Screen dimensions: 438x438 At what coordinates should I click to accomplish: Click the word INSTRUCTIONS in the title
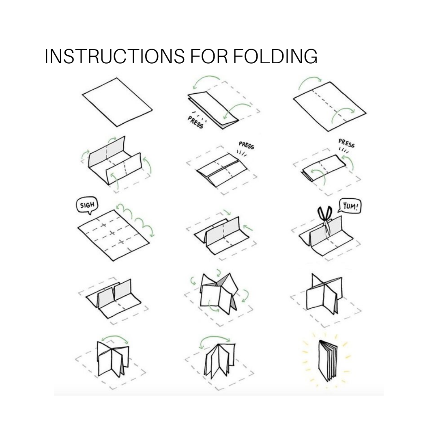(x=114, y=56)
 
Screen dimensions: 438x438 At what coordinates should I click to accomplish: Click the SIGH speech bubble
(x=87, y=206)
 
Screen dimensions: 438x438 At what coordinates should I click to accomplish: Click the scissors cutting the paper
(x=325, y=219)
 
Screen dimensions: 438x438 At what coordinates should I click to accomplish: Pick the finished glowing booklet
(x=328, y=361)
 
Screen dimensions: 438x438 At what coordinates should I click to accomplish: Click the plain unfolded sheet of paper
(x=117, y=102)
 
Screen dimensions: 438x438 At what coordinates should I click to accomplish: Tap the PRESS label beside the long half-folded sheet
(x=195, y=122)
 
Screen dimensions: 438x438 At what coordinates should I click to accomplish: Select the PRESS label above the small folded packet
(x=346, y=143)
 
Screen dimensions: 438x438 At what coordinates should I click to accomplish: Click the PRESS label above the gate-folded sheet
(x=247, y=145)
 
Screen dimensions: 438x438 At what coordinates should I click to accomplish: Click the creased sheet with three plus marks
(x=114, y=236)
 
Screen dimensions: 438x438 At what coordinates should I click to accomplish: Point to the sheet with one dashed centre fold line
(x=330, y=106)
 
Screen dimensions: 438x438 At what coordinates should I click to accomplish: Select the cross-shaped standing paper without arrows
(x=324, y=294)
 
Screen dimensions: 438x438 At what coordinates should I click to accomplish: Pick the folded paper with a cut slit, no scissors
(x=114, y=299)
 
